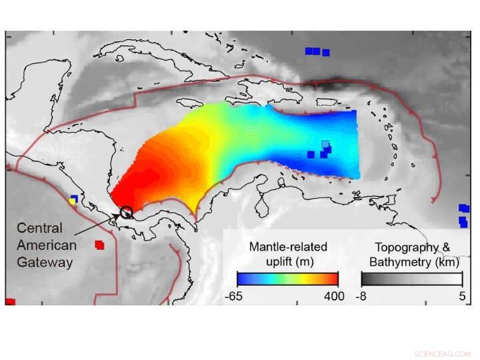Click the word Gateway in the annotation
(x=44, y=262)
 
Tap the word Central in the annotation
(x=39, y=228)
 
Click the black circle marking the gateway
(x=126, y=213)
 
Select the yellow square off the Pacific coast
(x=72, y=201)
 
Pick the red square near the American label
(x=99, y=245)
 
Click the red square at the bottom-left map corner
(x=10, y=302)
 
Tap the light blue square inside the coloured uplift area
(x=325, y=144)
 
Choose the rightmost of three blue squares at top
(x=325, y=52)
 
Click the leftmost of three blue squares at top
(x=309, y=51)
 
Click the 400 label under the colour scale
(x=334, y=296)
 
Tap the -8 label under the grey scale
(x=361, y=296)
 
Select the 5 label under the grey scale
(x=462, y=296)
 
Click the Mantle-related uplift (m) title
(x=288, y=253)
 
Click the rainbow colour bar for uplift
(x=288, y=279)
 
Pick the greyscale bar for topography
(x=411, y=279)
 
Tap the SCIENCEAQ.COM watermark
(x=442, y=354)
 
